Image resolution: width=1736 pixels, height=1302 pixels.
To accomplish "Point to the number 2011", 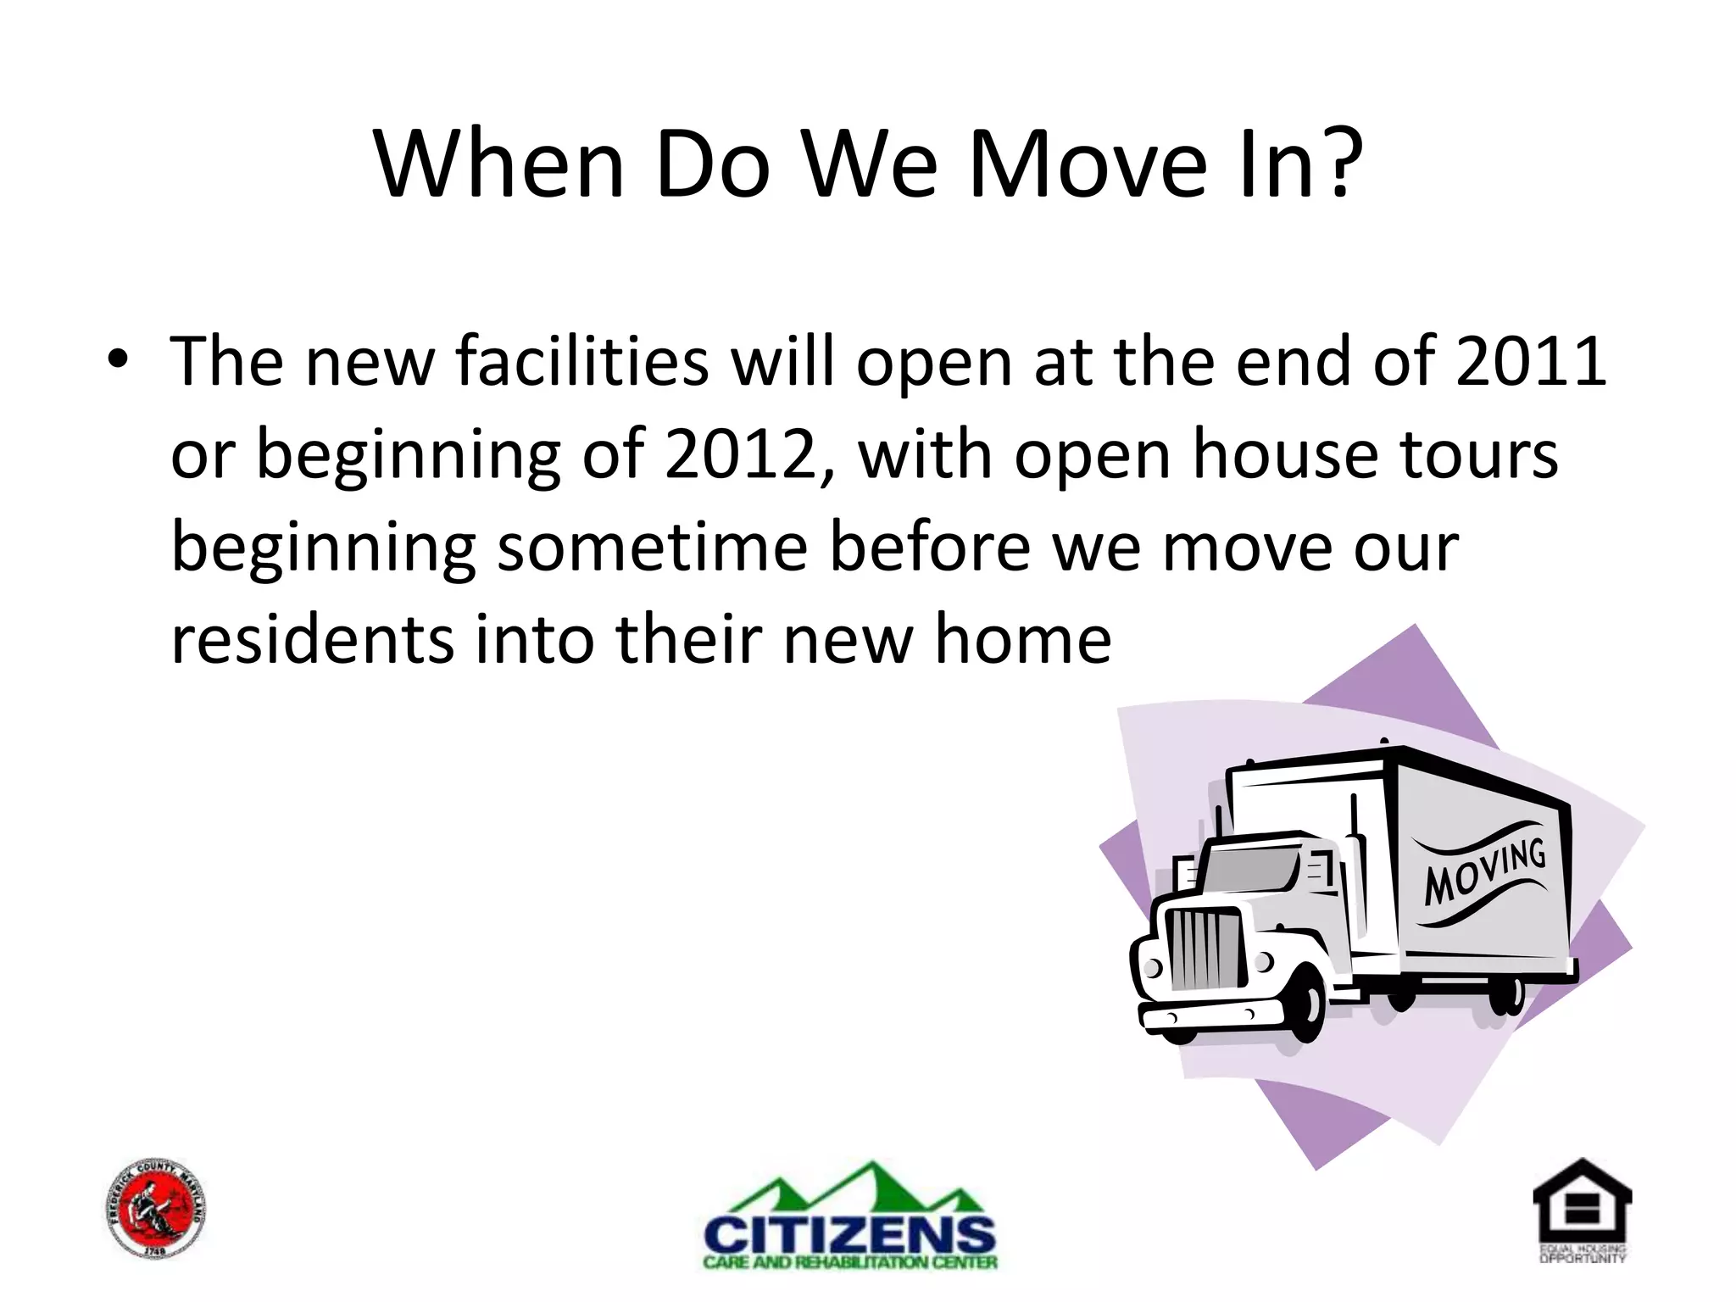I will tap(1531, 361).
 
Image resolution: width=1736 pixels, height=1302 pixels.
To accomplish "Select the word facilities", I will tap(581, 361).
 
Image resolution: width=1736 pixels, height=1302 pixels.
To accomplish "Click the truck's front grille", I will tap(1205, 949).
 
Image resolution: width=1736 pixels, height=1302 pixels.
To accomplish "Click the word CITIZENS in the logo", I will tap(850, 1234).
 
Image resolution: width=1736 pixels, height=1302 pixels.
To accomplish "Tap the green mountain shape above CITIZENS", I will tap(850, 1187).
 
